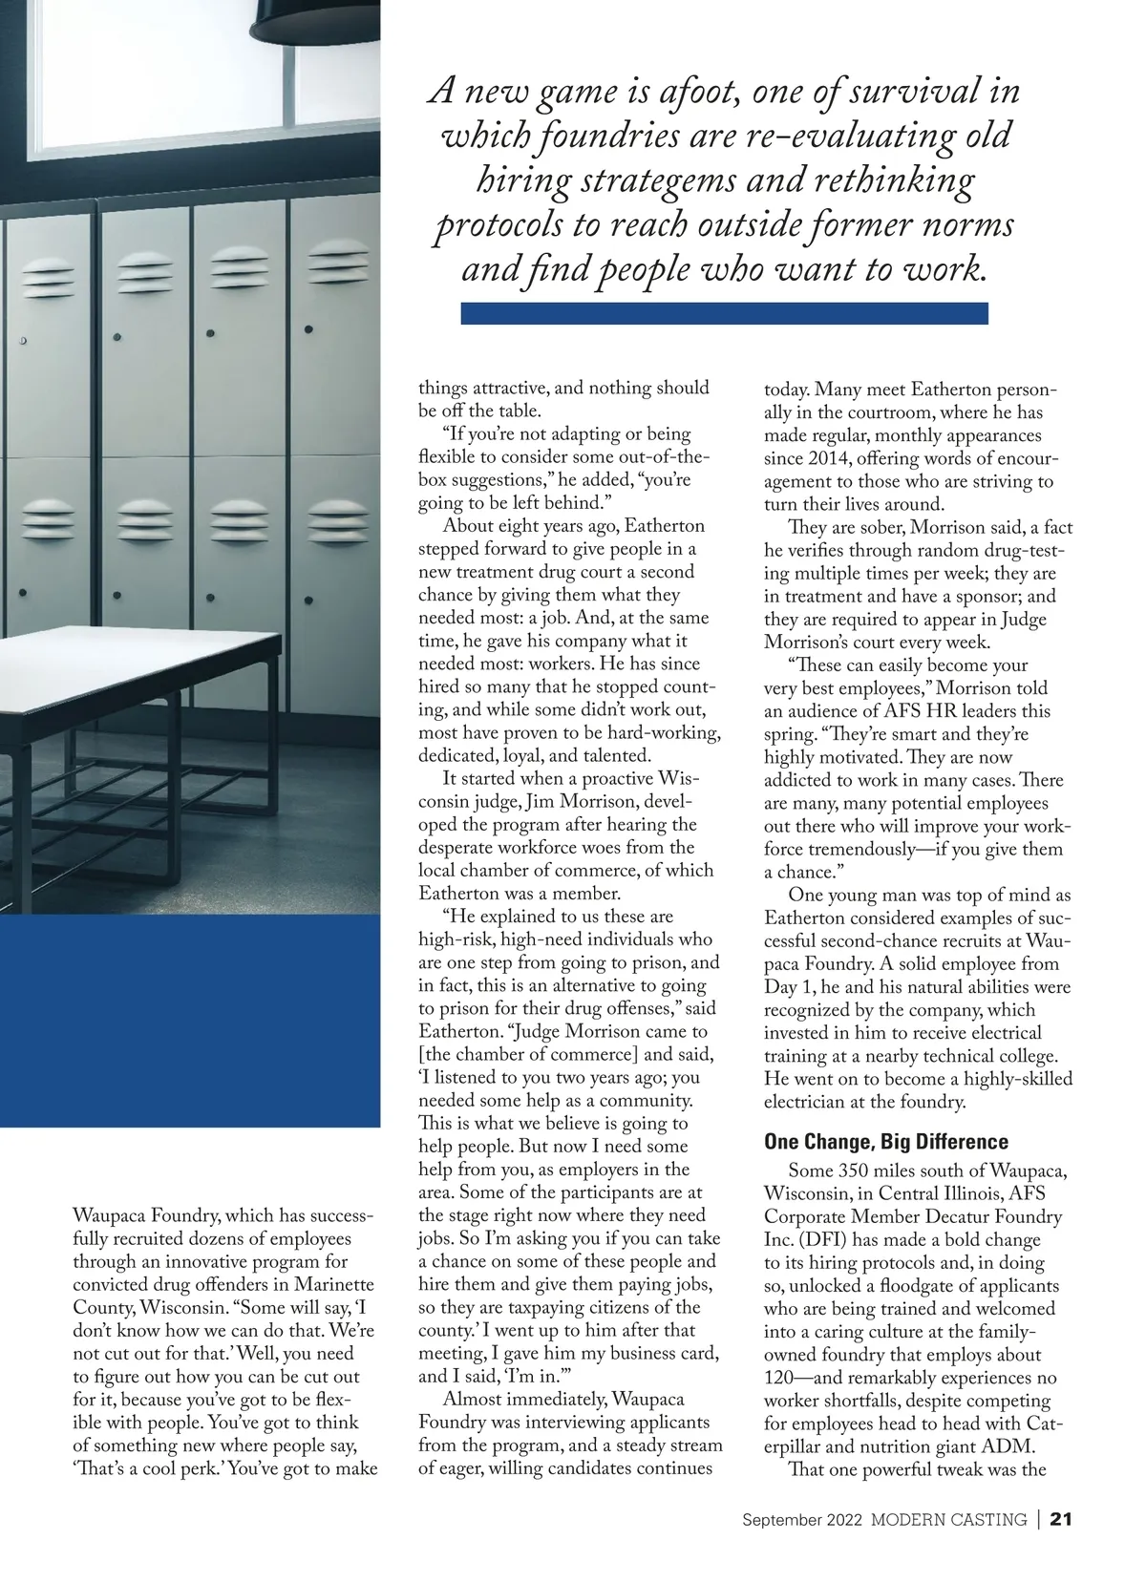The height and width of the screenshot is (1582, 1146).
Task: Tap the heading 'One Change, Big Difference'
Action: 885,1141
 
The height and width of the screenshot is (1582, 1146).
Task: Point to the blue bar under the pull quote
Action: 724,313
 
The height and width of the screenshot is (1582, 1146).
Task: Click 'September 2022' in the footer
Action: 802,1519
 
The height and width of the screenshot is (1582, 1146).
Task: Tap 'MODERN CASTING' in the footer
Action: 948,1519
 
